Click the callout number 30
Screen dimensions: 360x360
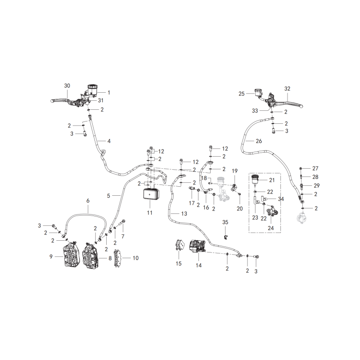(x=67, y=85)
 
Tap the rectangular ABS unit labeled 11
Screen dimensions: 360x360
(x=150, y=194)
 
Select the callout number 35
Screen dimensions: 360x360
(x=225, y=222)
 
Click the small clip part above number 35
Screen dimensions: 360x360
(x=225, y=237)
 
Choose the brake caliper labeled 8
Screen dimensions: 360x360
(x=92, y=255)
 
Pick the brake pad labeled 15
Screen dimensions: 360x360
(x=179, y=245)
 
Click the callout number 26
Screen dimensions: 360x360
(x=259, y=141)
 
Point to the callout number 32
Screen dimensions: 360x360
(x=287, y=89)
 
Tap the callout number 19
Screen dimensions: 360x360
(x=234, y=171)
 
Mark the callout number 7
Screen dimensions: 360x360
(x=123, y=236)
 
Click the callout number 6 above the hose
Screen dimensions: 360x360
(x=88, y=201)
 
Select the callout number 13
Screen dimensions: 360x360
(x=184, y=213)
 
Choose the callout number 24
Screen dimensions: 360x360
(x=271, y=228)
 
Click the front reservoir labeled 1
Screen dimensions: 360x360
(x=92, y=89)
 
